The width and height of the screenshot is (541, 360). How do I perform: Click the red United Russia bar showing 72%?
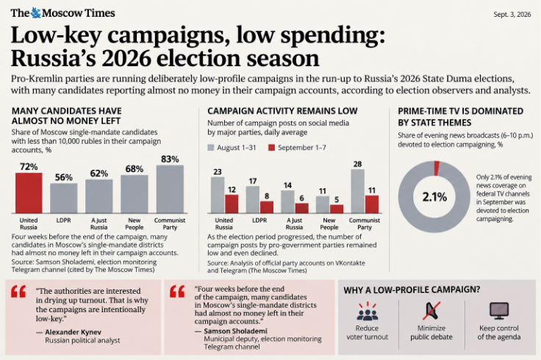point(29,192)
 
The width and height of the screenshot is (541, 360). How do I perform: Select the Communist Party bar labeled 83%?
point(170,189)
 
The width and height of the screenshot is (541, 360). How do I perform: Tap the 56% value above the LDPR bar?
point(64,177)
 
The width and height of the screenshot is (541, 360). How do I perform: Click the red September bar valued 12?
point(232,204)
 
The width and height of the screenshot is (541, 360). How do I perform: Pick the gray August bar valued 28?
point(358,191)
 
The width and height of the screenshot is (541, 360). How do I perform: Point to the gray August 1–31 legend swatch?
point(210,148)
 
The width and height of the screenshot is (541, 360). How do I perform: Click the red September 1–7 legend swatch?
point(271,148)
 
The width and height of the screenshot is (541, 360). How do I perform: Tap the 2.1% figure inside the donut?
point(434,197)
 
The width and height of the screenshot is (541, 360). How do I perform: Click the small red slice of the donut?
point(437,168)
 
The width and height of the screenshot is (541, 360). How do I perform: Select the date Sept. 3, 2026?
point(512,14)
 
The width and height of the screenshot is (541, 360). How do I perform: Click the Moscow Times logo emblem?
point(36,12)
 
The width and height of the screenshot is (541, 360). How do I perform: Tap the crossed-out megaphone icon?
point(431,311)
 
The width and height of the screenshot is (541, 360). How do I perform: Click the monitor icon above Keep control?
point(499,311)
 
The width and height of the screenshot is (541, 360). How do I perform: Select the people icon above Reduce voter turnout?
point(367,311)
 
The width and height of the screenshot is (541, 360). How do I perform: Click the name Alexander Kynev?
point(74,332)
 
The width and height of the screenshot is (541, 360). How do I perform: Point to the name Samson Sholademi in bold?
point(235,331)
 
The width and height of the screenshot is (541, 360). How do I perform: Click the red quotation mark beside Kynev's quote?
point(18,292)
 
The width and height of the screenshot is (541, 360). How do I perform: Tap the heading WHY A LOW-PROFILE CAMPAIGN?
point(412,289)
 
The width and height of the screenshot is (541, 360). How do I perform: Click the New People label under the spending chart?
point(135,224)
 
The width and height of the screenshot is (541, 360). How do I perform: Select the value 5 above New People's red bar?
point(337,200)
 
